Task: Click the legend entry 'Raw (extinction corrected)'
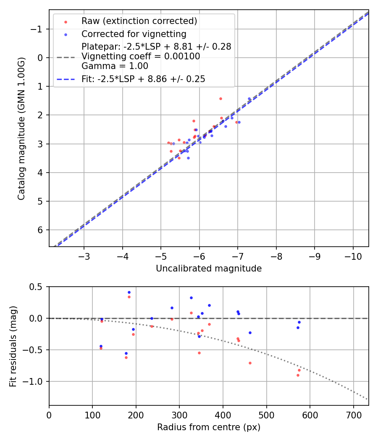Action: pos(139,21)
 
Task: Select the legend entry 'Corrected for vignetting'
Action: pos(134,34)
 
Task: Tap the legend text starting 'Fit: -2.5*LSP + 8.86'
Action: pos(143,79)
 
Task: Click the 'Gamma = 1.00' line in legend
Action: pos(115,66)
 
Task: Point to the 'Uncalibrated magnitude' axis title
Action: pos(209,269)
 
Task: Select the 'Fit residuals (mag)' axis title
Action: pos(13,346)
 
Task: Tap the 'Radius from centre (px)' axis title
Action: pos(209,427)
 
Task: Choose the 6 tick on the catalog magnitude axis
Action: pos(40,230)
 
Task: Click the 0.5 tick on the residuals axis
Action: pos(38,287)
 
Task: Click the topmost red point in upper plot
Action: pos(220,99)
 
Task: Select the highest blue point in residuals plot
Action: pos(129,292)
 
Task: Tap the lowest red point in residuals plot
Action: pos(298,375)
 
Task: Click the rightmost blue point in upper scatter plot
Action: pos(249,99)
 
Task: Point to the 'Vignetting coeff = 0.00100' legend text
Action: pos(141,56)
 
